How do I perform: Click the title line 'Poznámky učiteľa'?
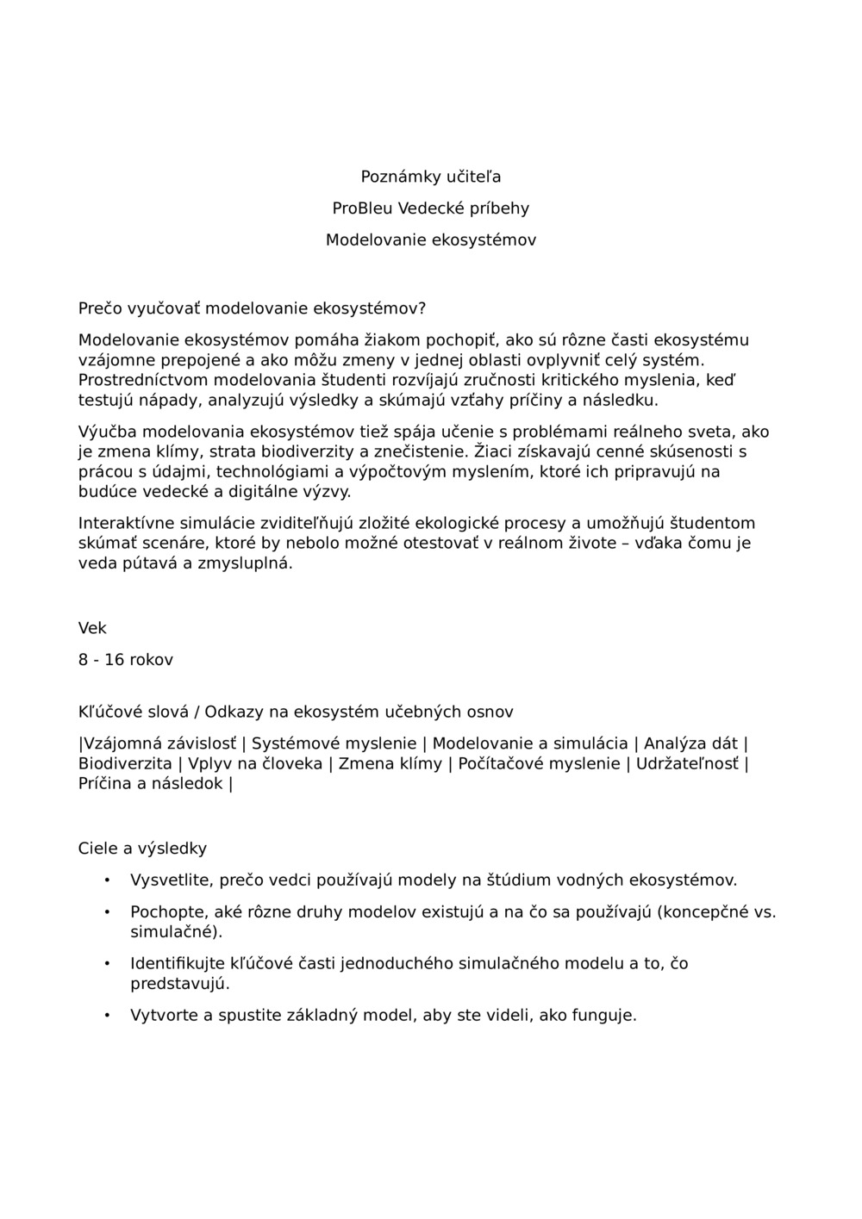(x=430, y=177)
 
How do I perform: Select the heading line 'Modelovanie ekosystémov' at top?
(x=430, y=240)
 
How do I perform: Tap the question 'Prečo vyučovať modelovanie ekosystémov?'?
(x=252, y=308)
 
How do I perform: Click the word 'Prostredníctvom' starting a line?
(x=143, y=380)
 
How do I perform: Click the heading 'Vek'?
(x=92, y=629)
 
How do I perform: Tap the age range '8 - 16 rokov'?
(x=126, y=660)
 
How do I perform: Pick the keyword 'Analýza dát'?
(x=690, y=743)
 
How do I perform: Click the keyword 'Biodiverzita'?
(x=125, y=763)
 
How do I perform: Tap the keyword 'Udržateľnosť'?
(x=687, y=763)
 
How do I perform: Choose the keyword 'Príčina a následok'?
(x=150, y=784)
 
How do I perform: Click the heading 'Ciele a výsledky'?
(x=142, y=849)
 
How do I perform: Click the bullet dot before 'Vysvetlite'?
(x=107, y=880)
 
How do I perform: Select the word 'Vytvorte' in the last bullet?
(x=161, y=1015)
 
